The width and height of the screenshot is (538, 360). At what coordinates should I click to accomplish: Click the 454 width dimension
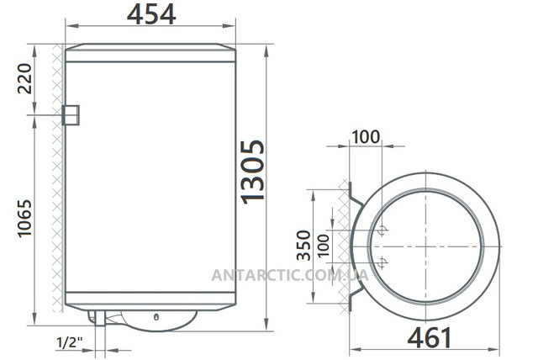click(151, 15)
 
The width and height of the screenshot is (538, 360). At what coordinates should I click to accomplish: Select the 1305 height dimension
click(252, 172)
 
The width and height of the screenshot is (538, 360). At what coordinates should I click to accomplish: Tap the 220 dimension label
click(24, 78)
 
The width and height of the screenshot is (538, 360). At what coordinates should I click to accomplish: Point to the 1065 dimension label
click(24, 219)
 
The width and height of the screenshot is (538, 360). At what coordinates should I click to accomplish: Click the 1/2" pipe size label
click(70, 342)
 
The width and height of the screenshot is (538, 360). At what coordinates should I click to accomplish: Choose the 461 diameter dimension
click(430, 337)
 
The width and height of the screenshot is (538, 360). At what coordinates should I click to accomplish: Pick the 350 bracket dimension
click(304, 246)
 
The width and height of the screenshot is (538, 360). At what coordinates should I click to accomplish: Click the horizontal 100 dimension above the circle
click(366, 137)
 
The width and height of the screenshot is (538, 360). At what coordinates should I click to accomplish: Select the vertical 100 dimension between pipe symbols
click(324, 246)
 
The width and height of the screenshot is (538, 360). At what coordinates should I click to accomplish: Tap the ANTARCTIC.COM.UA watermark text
click(290, 275)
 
